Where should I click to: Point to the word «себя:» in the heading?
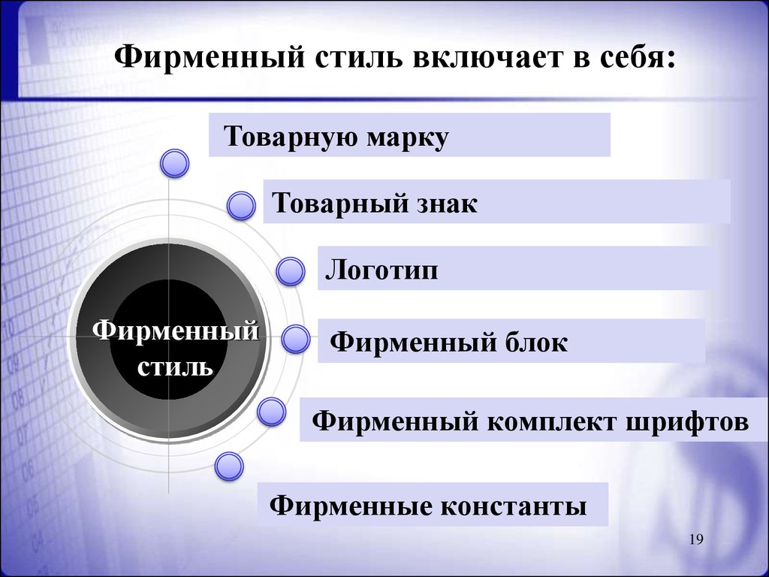[638, 58]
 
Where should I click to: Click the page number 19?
[696, 539]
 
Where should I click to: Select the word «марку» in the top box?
[408, 137]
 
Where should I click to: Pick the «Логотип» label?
[381, 270]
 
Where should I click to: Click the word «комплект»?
[551, 421]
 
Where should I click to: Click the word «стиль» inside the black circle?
[176, 367]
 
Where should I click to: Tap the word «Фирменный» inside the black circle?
[176, 330]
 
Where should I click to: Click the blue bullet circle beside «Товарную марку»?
[174, 163]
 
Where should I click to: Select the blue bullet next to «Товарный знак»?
[241, 206]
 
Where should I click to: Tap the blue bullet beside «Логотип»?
[291, 271]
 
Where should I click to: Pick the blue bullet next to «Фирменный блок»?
[296, 340]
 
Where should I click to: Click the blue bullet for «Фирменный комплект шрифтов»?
[271, 412]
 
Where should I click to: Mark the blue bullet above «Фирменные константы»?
[229, 466]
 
